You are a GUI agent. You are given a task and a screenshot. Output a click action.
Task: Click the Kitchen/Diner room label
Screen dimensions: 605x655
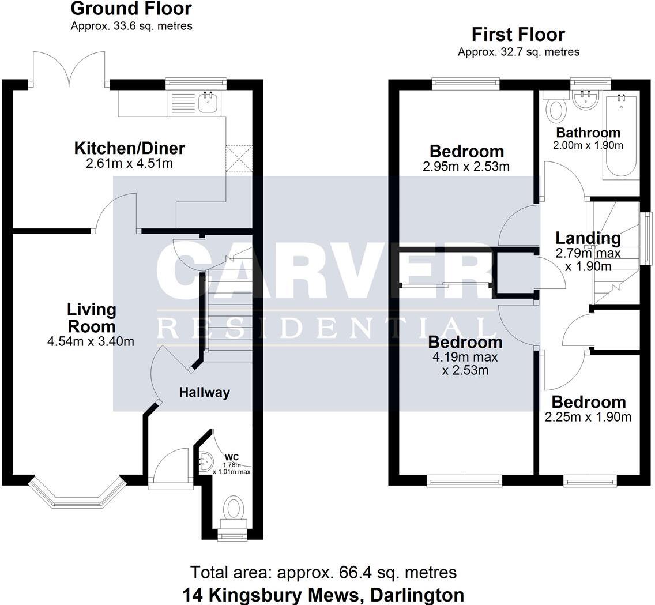click(x=129, y=148)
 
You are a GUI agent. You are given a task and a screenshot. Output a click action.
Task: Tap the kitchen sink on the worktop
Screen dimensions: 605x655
click(x=208, y=103)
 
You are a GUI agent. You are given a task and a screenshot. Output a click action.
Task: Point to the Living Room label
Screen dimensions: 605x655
click(x=91, y=318)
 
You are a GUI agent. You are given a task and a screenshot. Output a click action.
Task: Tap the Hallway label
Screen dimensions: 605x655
click(x=204, y=393)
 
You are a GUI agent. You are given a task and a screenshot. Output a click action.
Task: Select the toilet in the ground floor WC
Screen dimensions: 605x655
click(x=234, y=509)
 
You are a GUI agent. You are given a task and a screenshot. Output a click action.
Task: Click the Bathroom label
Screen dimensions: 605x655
click(x=588, y=133)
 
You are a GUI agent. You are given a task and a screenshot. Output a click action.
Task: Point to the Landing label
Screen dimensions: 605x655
click(x=588, y=238)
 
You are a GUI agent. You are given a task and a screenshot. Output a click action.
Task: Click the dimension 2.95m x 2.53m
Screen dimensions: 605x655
click(x=466, y=167)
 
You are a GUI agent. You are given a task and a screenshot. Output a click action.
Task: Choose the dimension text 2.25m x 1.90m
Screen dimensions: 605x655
click(x=588, y=416)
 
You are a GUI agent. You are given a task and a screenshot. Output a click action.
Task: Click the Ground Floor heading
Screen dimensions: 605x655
click(x=131, y=9)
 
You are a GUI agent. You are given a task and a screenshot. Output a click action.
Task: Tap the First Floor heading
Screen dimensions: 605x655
click(x=518, y=35)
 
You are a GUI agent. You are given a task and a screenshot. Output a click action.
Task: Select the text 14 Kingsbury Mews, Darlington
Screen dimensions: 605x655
click(x=323, y=594)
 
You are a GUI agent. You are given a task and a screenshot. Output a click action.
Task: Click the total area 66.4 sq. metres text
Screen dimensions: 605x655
click(x=323, y=572)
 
